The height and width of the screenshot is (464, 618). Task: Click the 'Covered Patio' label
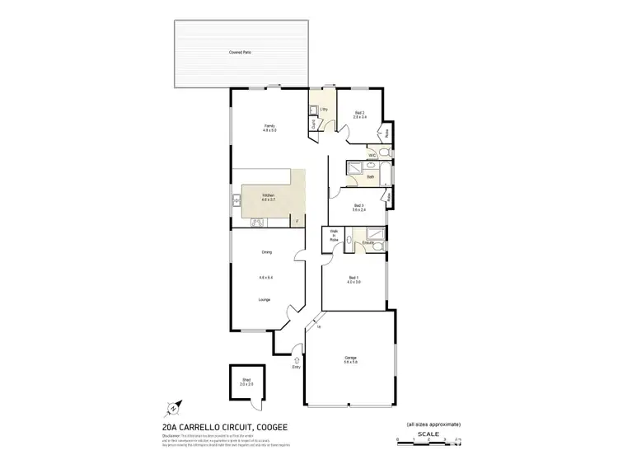[x=241, y=52]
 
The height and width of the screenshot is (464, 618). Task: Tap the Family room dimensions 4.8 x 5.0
[x=269, y=130]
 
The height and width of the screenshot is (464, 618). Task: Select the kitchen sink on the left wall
[x=236, y=199]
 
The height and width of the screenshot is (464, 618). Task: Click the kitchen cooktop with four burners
[x=255, y=221]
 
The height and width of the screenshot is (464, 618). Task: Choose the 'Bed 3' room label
[x=358, y=205]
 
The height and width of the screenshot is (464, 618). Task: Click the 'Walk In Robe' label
[x=334, y=236]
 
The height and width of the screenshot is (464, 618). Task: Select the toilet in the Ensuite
[x=349, y=242]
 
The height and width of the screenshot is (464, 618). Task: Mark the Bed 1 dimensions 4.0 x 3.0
[x=353, y=283]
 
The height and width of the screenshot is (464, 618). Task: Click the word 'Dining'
[x=266, y=252]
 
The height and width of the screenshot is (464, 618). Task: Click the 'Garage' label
[x=350, y=357]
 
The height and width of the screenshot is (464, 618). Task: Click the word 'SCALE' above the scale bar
[x=428, y=433]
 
